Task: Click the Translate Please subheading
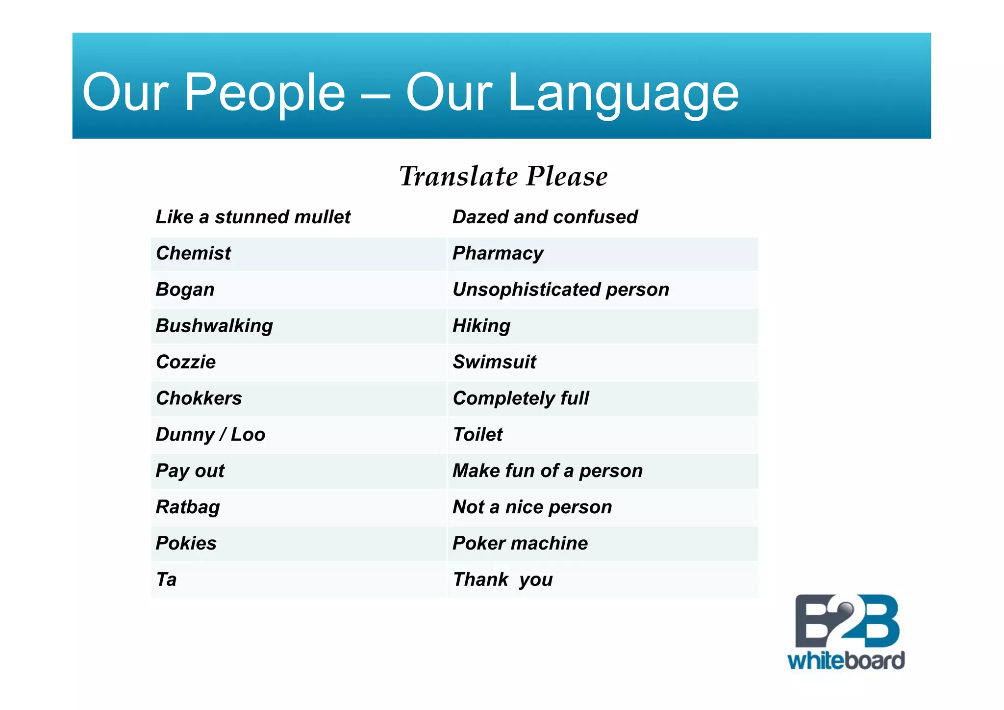[x=503, y=176]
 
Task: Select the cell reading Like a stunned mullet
[x=253, y=217]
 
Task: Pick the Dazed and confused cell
[x=545, y=217]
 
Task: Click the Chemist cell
[x=193, y=253]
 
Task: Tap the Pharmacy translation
[x=498, y=253]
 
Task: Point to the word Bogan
[x=185, y=289]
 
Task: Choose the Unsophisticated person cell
[x=560, y=289]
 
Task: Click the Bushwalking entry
[x=214, y=326]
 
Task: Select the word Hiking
[x=481, y=326]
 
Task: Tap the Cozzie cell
[x=186, y=362]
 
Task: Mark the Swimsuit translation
[x=494, y=362]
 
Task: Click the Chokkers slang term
[x=199, y=398]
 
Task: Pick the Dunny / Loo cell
[x=210, y=434]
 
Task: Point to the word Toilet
[x=477, y=434]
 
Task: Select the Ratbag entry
[x=188, y=507]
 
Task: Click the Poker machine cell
[x=520, y=543]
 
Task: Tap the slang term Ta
[x=166, y=579]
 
